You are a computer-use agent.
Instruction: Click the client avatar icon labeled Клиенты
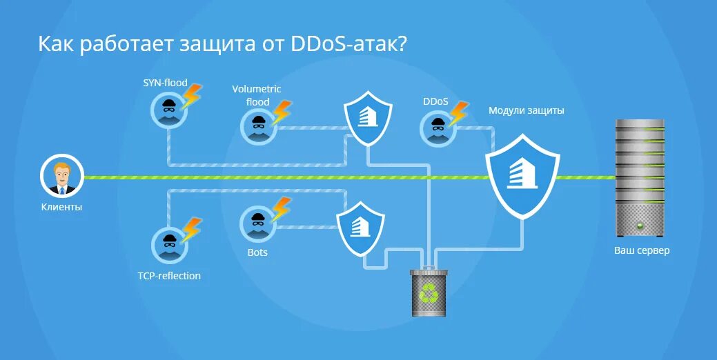[62, 177]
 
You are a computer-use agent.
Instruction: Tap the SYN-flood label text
[165, 83]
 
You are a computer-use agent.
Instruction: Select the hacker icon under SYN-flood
[168, 110]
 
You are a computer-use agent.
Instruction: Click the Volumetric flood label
[257, 95]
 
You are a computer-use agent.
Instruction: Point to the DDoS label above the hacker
[435, 101]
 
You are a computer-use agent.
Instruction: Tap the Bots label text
[257, 252]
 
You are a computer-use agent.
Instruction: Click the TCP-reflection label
[169, 276]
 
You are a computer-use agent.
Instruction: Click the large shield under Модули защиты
[522, 175]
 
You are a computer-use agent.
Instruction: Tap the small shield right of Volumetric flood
[368, 119]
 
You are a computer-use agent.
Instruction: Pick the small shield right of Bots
[360, 227]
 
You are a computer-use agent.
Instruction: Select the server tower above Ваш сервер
[641, 177]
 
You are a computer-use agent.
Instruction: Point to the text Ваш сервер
[642, 250]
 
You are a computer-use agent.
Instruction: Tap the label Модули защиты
[527, 110]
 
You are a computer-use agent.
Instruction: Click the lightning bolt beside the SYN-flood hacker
[191, 96]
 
